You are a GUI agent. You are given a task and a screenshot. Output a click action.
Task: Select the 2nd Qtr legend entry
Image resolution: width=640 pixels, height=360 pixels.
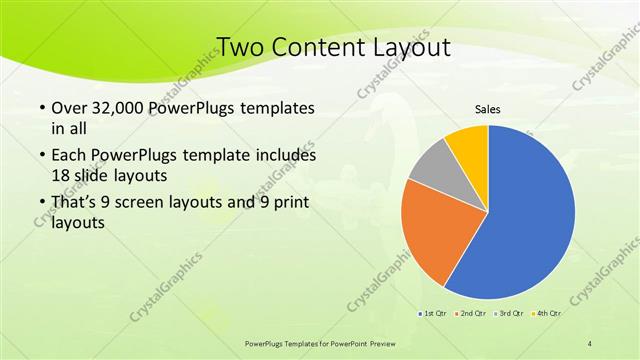point(470,313)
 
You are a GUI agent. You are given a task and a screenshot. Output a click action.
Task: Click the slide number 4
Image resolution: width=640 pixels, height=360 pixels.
point(590,344)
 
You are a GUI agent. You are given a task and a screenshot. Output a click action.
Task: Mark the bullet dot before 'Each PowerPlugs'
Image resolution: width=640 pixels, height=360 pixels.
point(40,156)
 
